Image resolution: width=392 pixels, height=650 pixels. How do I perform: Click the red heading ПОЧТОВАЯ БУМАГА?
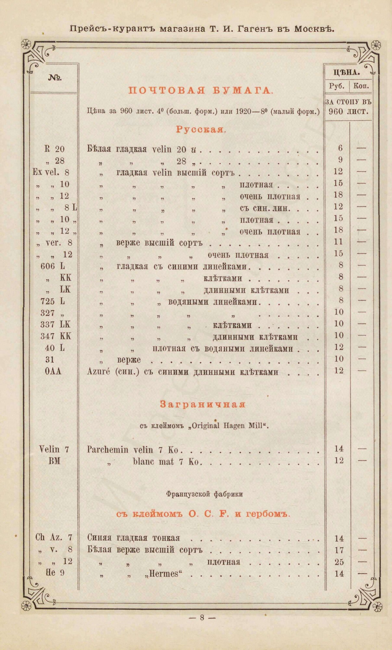200,91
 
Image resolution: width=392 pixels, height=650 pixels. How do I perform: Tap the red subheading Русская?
200,129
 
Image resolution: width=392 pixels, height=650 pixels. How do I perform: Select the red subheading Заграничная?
203,404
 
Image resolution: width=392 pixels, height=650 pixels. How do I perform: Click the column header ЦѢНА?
348,73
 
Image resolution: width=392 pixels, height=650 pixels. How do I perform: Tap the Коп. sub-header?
361,87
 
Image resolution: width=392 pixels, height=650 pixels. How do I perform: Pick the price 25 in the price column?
339,562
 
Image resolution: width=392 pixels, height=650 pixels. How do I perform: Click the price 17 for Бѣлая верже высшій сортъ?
339,550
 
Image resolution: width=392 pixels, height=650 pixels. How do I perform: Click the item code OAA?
54,371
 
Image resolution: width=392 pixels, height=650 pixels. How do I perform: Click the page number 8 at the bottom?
202,617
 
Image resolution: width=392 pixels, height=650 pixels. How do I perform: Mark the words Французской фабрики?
204,494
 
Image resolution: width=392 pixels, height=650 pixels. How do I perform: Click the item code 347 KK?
56,336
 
